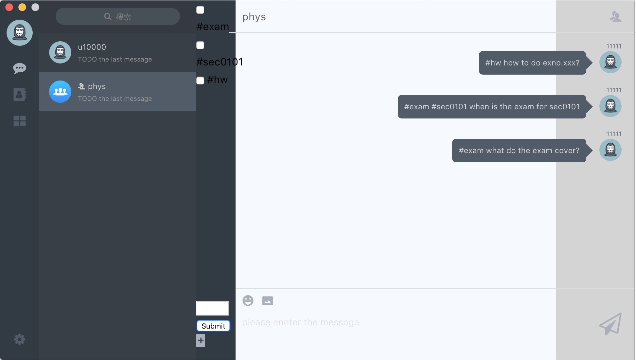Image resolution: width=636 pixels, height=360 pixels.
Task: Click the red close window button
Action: coord(9,7)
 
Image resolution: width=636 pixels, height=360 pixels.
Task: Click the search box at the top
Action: coord(118,17)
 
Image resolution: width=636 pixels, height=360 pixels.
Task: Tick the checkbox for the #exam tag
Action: coord(200,10)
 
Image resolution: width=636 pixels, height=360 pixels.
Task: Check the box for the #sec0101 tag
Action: coord(200,45)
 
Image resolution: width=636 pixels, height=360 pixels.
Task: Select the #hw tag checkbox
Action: coord(200,81)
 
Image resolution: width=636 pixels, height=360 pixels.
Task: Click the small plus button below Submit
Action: coord(201,340)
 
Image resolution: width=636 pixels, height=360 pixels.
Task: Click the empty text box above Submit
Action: coord(212,308)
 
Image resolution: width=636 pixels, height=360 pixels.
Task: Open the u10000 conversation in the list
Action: coord(118,53)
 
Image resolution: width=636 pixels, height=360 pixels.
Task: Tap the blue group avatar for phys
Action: coord(60,92)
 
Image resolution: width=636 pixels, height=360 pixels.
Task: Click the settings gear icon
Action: coord(20,339)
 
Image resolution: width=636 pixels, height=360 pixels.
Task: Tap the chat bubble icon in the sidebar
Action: coord(20,68)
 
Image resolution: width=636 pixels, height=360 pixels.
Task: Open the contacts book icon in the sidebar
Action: coord(20,95)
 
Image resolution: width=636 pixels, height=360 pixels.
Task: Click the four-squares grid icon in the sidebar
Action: coord(20,121)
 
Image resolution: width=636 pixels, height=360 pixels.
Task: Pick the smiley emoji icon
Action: coord(248,300)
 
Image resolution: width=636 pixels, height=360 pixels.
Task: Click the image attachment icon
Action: coord(268,300)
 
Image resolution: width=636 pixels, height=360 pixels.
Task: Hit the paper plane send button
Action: coord(610,324)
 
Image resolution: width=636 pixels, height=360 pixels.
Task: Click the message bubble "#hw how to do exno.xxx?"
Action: coord(532,63)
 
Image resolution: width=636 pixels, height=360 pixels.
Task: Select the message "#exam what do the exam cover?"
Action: coord(519,151)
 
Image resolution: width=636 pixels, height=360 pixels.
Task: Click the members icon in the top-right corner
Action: coord(616,16)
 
